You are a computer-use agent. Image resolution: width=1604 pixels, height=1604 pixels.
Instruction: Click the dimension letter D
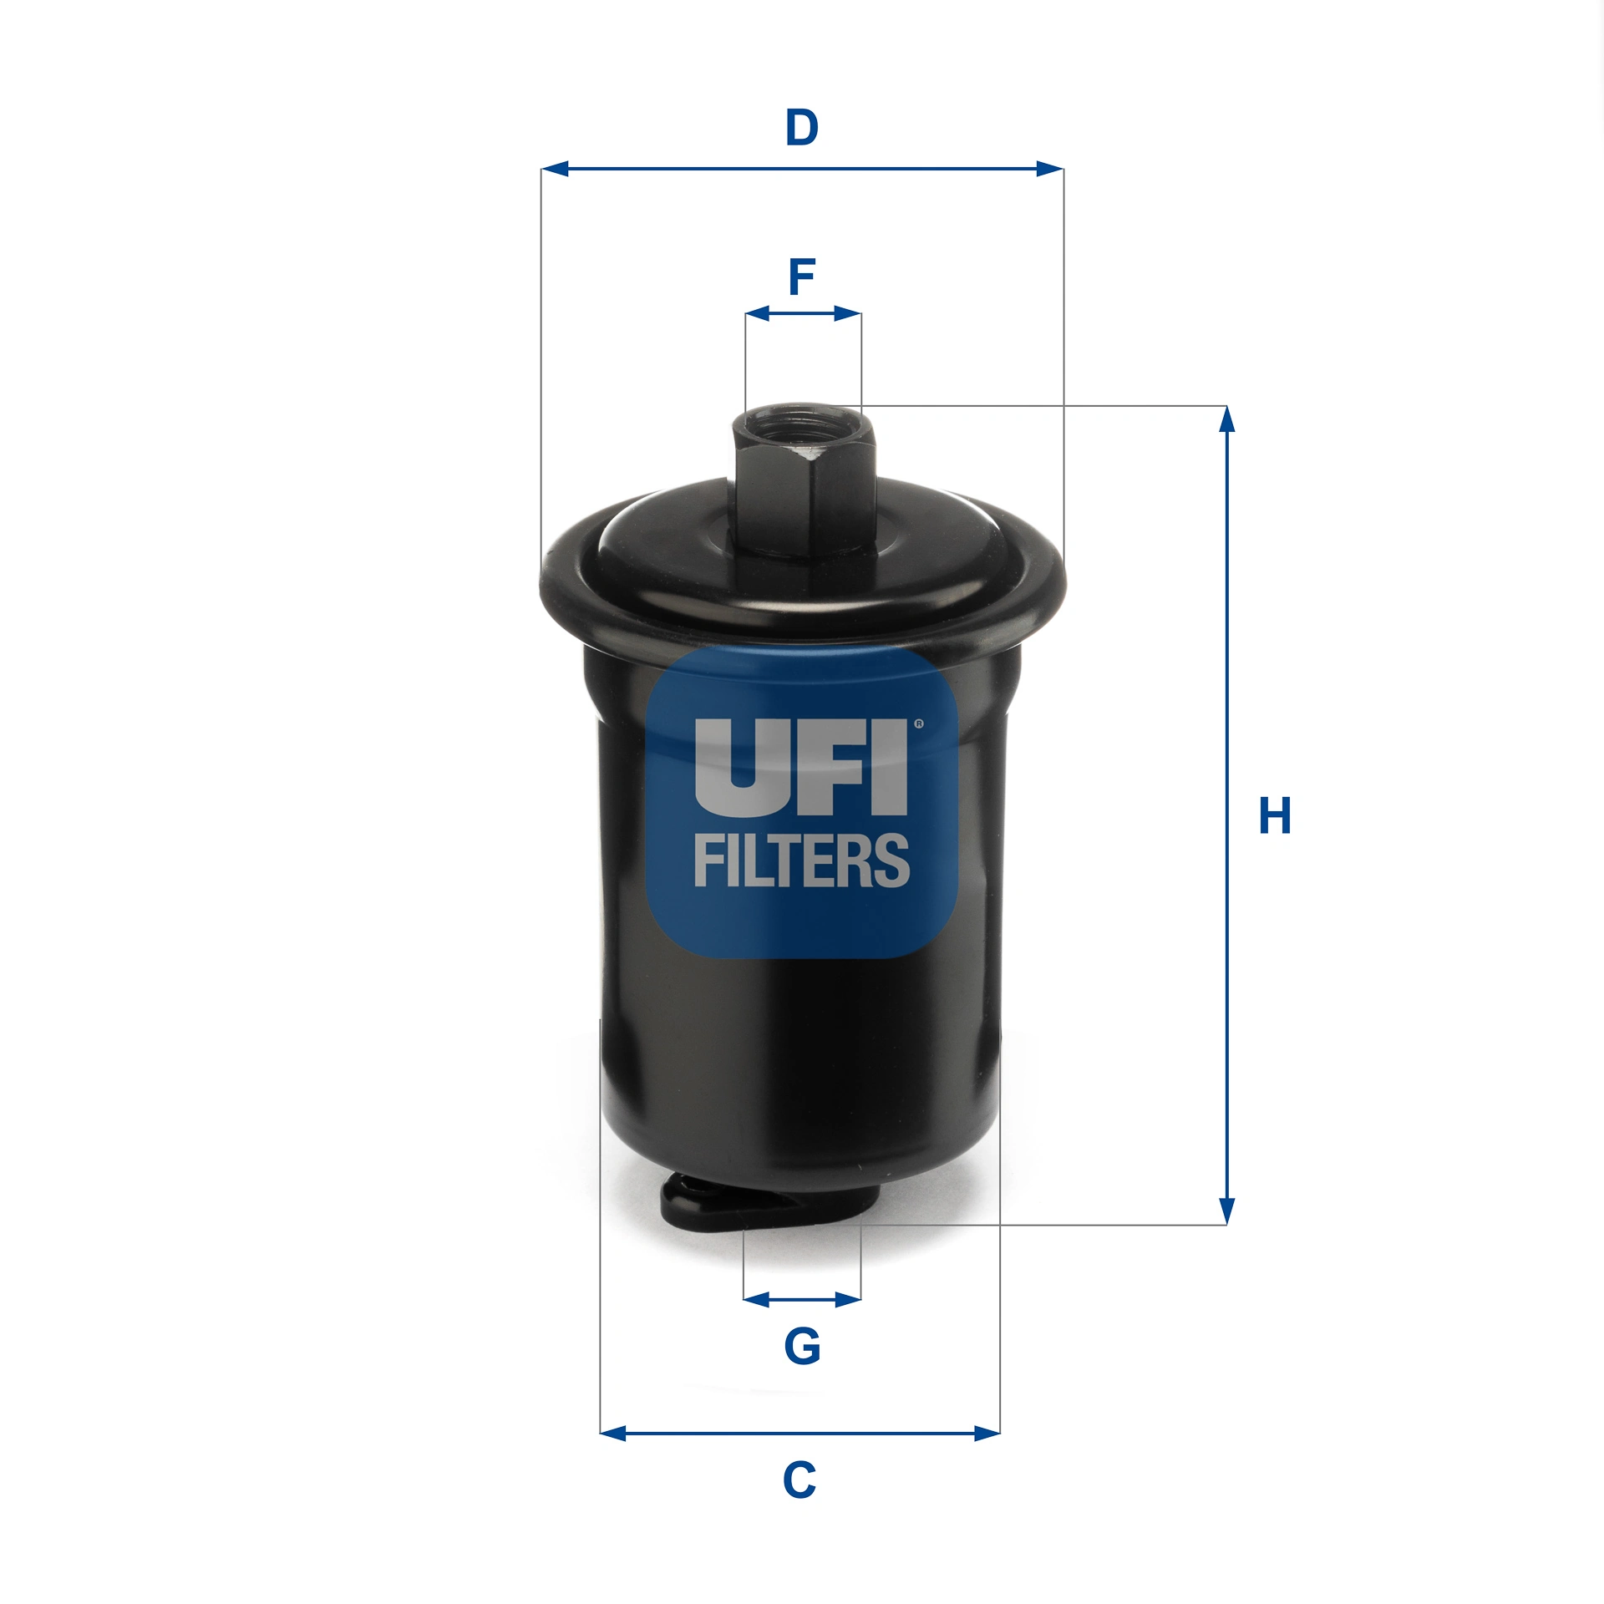(x=801, y=128)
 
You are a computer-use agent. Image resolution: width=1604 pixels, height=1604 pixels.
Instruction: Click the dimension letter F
(x=801, y=277)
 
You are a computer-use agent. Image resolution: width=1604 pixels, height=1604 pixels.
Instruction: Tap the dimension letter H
(x=1275, y=816)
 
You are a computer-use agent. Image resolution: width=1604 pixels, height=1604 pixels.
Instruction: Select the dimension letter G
(x=802, y=1346)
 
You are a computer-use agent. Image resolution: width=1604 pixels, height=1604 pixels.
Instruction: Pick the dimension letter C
(x=799, y=1480)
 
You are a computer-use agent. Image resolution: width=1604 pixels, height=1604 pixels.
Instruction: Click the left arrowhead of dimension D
(x=555, y=169)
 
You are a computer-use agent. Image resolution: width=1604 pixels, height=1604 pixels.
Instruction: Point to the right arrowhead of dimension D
(x=1050, y=169)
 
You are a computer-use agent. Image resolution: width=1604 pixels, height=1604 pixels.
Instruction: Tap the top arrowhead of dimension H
(x=1226, y=419)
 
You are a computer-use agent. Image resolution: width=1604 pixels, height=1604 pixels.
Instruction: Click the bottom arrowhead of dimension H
(x=1226, y=1211)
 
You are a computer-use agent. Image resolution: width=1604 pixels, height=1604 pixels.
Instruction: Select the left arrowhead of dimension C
(x=613, y=1434)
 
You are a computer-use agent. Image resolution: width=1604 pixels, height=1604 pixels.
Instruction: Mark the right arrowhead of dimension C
(x=987, y=1434)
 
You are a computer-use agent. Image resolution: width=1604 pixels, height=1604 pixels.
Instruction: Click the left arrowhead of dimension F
(x=757, y=314)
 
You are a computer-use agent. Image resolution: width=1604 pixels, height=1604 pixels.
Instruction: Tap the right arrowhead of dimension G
(x=849, y=1299)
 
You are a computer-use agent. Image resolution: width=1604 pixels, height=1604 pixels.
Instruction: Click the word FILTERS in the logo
(x=801, y=860)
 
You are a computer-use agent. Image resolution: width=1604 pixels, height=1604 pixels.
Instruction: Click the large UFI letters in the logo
(x=801, y=767)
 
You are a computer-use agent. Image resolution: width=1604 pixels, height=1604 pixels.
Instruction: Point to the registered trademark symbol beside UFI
(x=919, y=724)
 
